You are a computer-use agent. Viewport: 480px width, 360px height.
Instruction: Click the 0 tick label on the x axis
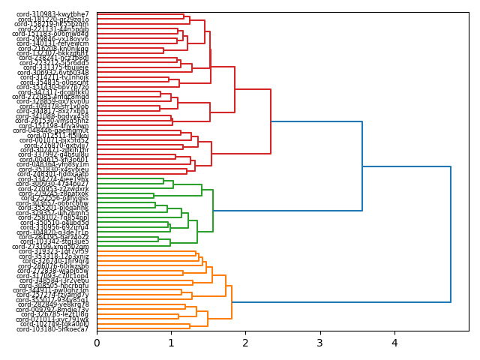[97, 343]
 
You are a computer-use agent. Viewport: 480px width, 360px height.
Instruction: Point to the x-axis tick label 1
[171, 343]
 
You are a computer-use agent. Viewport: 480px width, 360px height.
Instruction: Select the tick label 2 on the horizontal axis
[245, 343]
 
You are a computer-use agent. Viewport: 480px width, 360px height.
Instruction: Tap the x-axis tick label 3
[319, 343]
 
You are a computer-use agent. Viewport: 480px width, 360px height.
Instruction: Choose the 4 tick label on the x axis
[394, 343]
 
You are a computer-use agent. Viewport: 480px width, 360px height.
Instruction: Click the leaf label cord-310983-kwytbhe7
[52, 14]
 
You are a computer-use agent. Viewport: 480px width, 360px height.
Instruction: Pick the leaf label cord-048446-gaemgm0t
[52, 130]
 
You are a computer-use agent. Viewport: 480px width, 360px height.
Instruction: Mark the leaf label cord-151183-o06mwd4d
[52, 34]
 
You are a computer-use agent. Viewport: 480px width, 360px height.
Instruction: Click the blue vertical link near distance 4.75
[451, 234]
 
